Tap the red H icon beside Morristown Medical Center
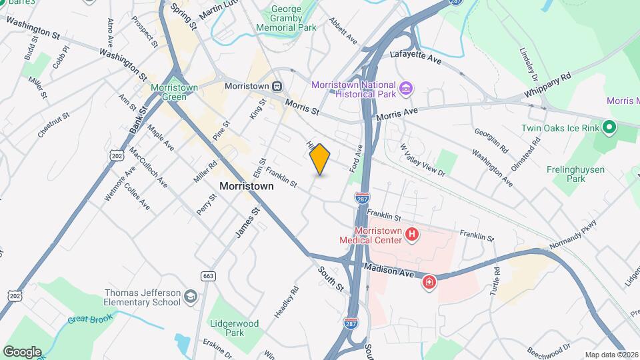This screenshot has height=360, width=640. [412, 235]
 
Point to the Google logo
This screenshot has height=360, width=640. [22, 352]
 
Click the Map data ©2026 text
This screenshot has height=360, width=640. [611, 355]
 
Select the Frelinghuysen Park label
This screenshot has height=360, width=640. [575, 174]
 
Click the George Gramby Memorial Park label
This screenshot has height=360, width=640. [289, 19]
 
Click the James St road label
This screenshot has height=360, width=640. [247, 222]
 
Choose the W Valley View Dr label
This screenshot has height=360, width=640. [422, 159]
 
